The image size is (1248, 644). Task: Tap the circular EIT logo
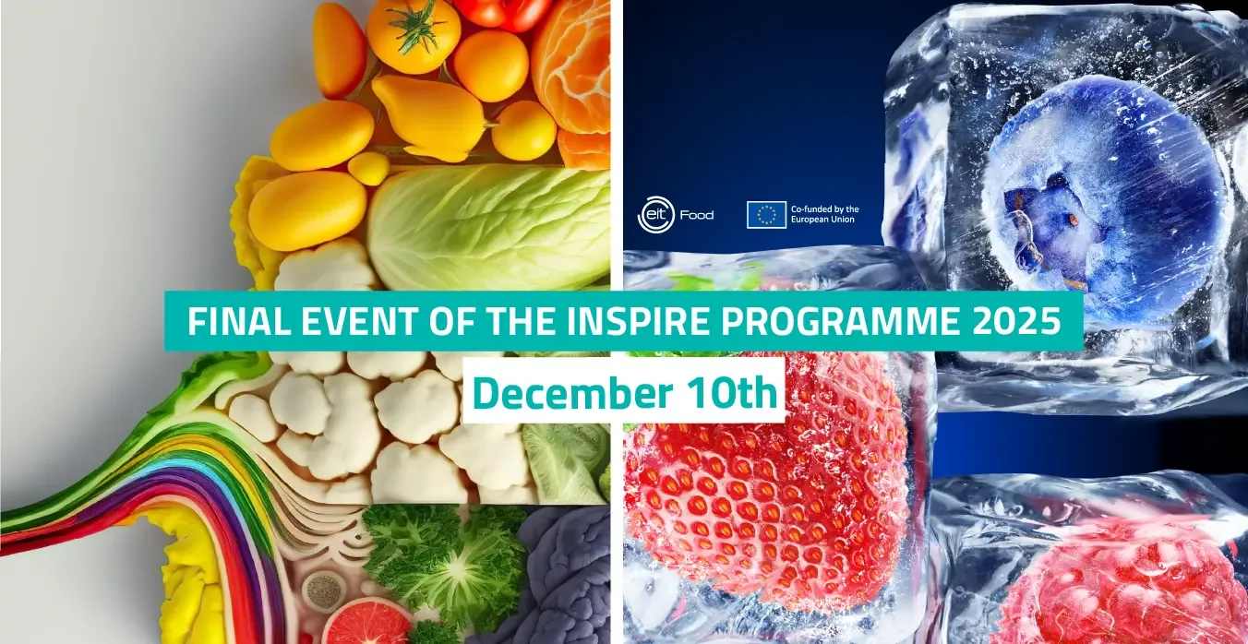[x=655, y=214]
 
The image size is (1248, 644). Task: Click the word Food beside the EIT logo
[x=696, y=215]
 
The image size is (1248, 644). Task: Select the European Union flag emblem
[x=767, y=214]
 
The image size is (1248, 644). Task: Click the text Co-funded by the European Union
[x=824, y=214]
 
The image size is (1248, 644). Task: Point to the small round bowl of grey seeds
[x=323, y=591]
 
